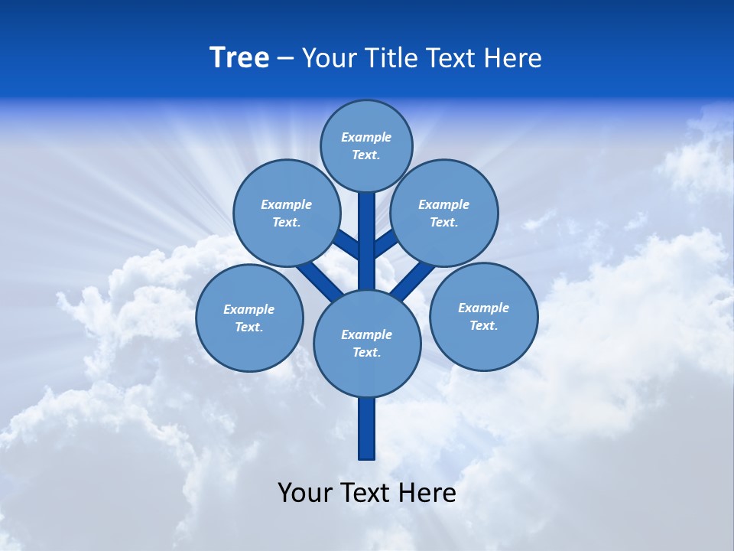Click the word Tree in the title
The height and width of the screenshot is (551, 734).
239,58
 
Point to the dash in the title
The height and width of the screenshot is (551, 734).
286,59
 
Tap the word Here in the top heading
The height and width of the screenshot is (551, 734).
513,58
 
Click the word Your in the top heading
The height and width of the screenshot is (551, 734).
329,58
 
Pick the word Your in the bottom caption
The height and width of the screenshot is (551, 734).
305,493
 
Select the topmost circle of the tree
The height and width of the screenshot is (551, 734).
366,145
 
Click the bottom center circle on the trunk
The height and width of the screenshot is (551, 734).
367,343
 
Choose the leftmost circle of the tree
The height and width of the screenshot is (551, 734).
249,318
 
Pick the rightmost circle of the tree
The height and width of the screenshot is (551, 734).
483,316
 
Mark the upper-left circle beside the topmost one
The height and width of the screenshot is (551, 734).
286,213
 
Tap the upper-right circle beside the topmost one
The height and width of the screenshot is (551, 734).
443,213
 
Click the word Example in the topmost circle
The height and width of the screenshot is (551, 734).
366,138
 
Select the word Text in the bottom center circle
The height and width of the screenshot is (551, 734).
366,353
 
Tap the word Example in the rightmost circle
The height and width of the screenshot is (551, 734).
483,308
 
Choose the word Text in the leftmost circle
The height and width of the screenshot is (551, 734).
249,328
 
